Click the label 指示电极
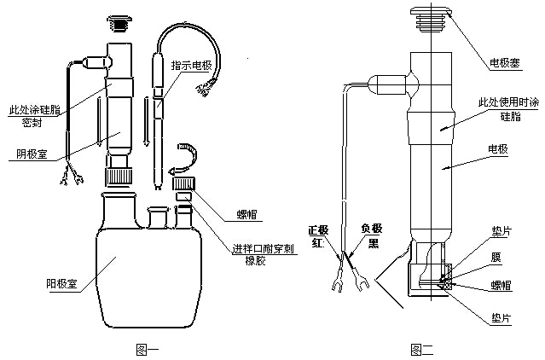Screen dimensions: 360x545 (191, 66)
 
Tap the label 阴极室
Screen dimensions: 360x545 (33, 155)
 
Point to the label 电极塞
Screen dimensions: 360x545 (506, 63)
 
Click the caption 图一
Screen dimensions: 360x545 (148, 347)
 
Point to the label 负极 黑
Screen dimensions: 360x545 (371, 235)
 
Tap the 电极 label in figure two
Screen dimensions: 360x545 (498, 149)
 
